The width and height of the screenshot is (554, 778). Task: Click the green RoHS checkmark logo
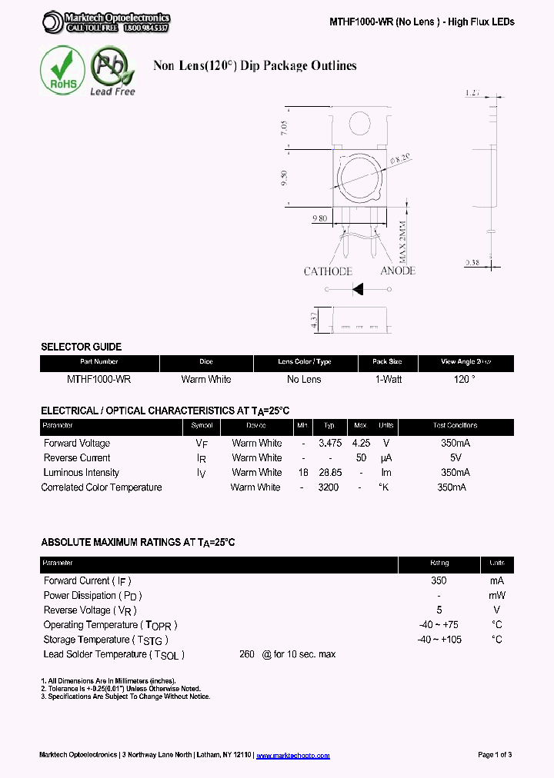62,71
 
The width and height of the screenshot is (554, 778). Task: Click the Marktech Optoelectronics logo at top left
106,22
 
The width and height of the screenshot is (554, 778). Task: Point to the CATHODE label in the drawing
328,271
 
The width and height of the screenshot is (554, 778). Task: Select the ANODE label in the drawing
397,271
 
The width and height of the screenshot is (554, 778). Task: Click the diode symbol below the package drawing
358,289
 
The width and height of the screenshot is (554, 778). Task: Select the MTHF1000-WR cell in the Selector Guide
98,379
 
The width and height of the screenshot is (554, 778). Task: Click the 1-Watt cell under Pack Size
387,379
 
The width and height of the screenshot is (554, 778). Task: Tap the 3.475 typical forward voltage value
329,444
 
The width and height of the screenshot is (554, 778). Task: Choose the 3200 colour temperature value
329,487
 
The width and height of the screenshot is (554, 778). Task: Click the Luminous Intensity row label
82,473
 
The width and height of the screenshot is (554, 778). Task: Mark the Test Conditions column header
455,426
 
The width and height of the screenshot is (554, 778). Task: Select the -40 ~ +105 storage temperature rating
439,640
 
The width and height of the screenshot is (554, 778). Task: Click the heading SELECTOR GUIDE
81,347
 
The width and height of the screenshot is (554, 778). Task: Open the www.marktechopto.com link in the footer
292,755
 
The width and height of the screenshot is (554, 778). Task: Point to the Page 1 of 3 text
495,755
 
